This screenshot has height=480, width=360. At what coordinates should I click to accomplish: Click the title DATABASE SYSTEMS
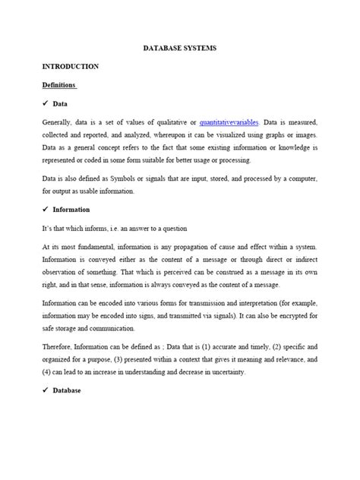[180, 48]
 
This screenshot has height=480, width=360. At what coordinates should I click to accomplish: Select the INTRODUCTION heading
[70, 66]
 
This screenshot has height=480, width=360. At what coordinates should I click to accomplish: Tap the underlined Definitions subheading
[59, 84]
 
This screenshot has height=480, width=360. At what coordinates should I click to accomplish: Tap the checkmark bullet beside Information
[46, 209]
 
